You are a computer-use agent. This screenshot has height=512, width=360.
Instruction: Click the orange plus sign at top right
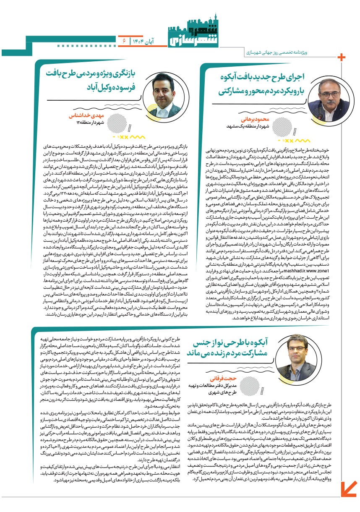(x=342, y=57)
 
